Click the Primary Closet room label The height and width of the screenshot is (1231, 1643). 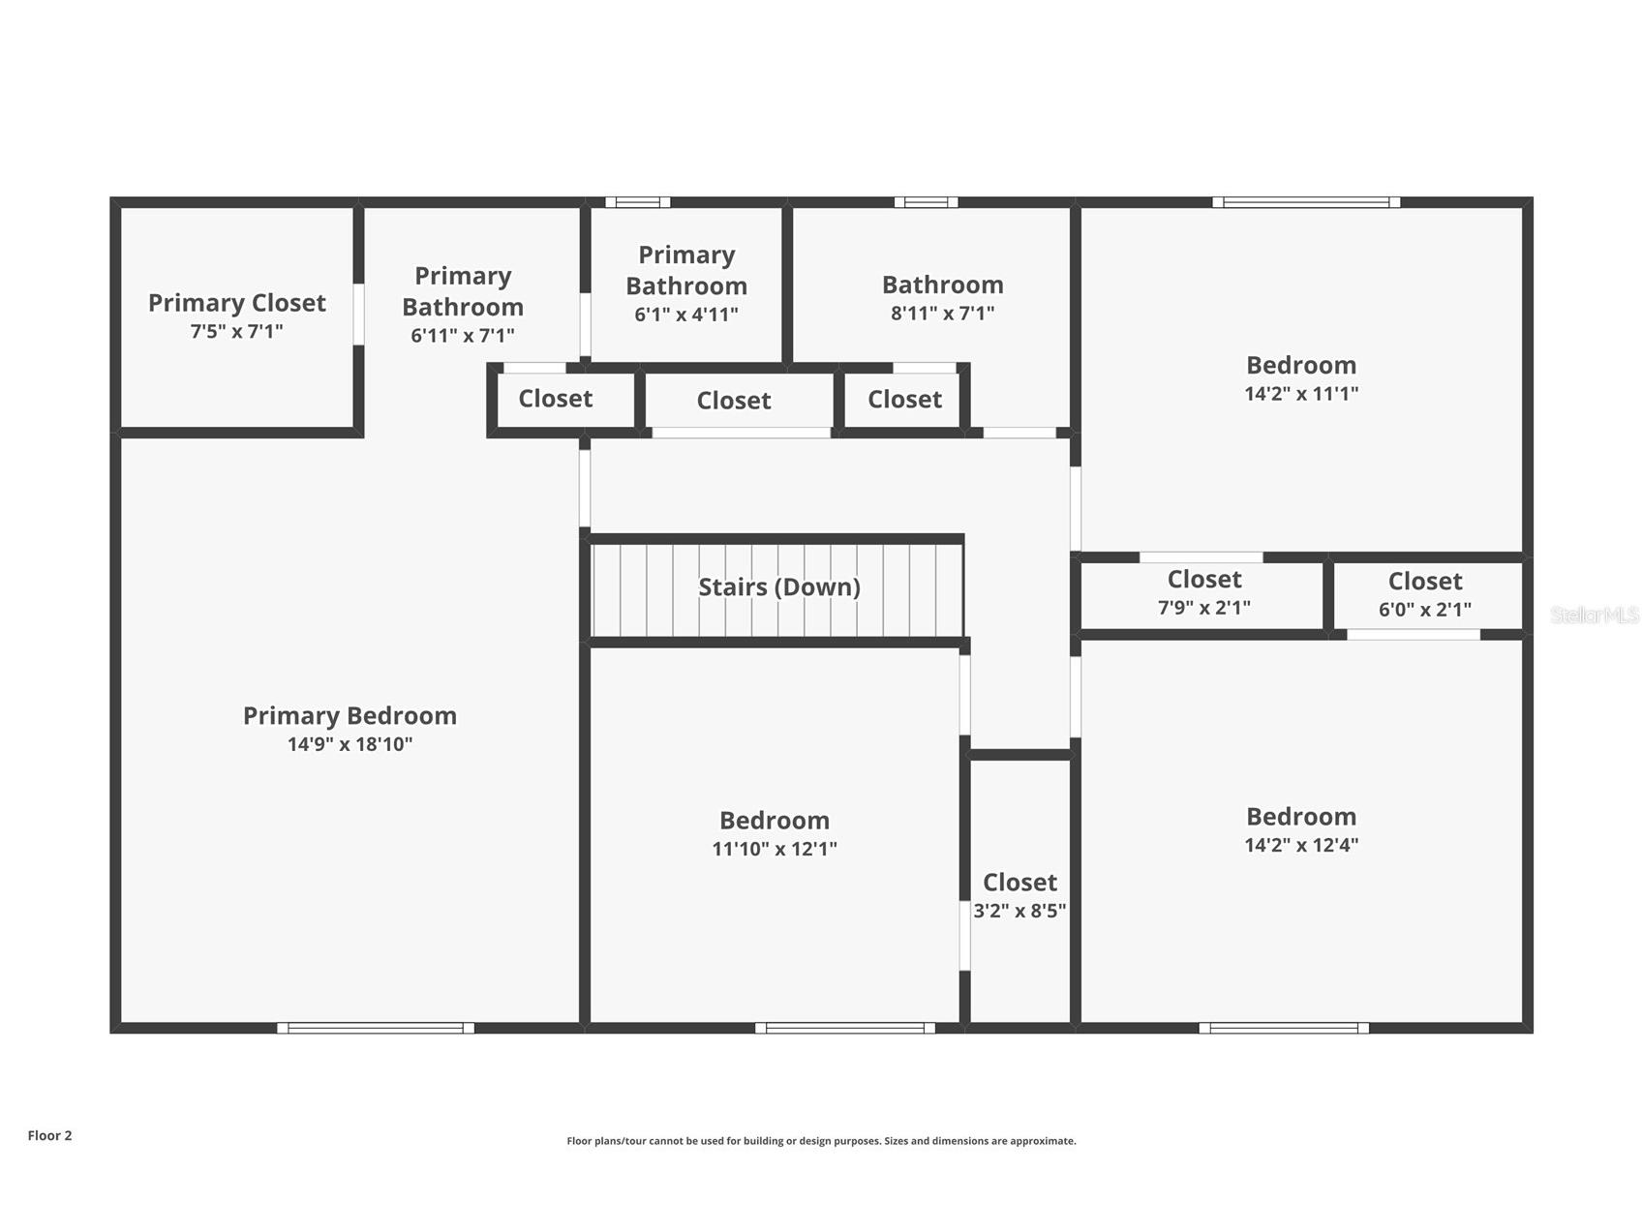point(237,303)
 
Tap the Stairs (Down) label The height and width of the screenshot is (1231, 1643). point(779,586)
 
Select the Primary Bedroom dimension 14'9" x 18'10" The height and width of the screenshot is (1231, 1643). point(350,744)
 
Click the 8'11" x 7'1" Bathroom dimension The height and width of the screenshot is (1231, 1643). point(942,313)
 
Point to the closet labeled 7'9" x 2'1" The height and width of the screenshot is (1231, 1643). point(1203,592)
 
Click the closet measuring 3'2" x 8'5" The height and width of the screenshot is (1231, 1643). point(1020,890)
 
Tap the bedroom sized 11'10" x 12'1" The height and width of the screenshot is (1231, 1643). point(774,834)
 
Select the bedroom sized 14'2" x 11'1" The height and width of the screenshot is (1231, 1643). point(1301,379)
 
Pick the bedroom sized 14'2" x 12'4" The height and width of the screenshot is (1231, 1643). point(1301,830)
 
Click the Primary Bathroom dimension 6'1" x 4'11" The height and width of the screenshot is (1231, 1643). point(686,315)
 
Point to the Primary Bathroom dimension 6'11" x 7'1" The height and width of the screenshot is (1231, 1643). point(463,336)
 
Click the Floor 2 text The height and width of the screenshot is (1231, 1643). point(49,1136)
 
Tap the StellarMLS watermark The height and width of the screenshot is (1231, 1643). point(1595,615)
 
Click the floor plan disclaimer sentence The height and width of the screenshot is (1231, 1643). point(821,1141)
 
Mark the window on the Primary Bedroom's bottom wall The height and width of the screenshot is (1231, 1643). point(376,1028)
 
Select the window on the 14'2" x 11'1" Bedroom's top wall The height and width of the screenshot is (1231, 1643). point(1306,202)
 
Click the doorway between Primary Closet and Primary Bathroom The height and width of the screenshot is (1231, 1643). point(358,314)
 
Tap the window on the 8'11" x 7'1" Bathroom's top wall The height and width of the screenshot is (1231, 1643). point(926,202)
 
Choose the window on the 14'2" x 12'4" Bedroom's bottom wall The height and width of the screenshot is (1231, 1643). point(1284,1028)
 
